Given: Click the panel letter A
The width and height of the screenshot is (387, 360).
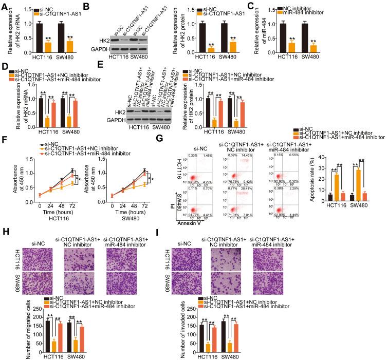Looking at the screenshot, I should (4, 5).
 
